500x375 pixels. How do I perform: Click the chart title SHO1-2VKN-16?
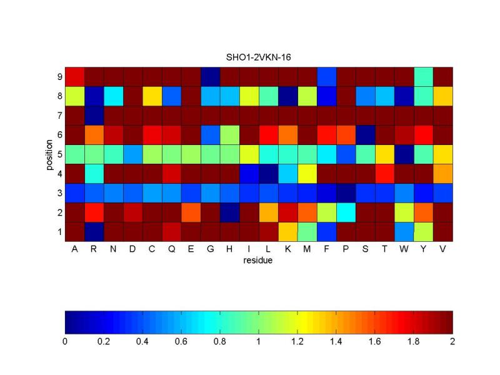(258, 57)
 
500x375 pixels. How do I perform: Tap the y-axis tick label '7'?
(59, 115)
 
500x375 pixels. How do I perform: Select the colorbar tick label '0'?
(65, 342)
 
